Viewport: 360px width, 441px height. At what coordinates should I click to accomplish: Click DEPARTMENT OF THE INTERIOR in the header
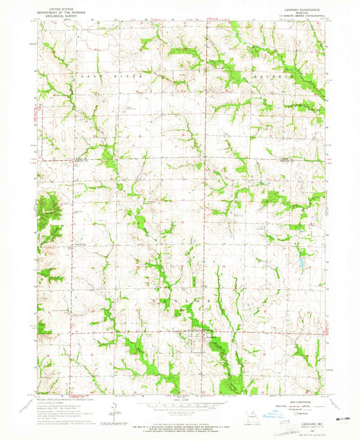59,10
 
